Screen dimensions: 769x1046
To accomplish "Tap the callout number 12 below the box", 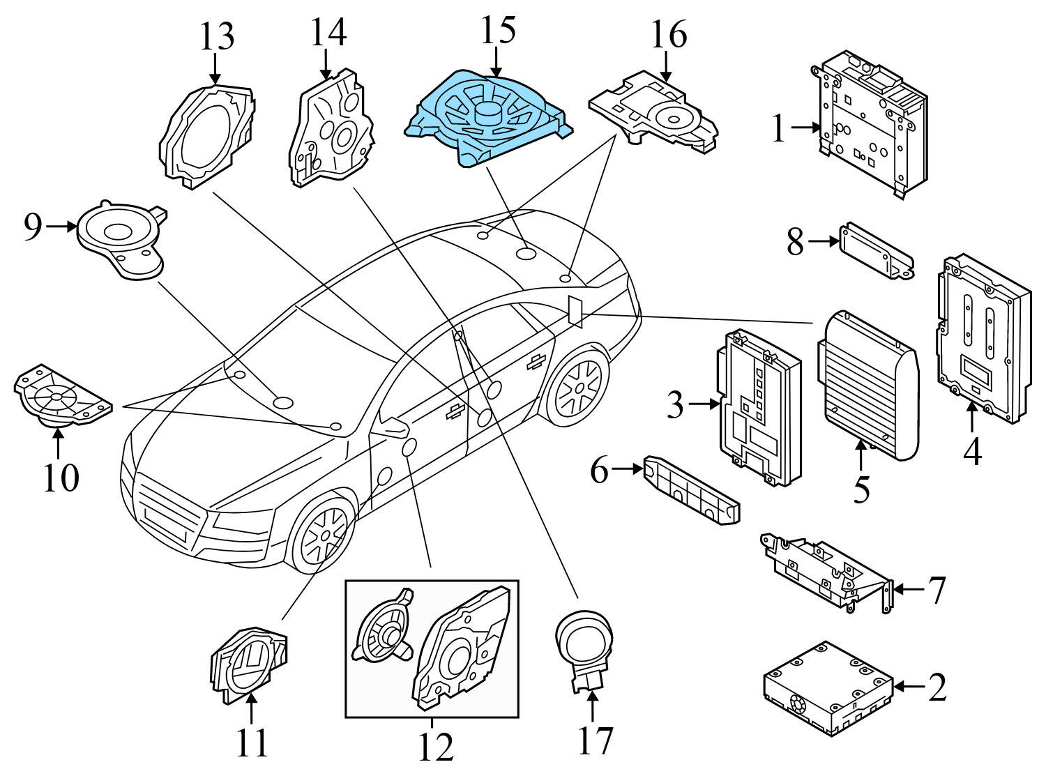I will [436, 747].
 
